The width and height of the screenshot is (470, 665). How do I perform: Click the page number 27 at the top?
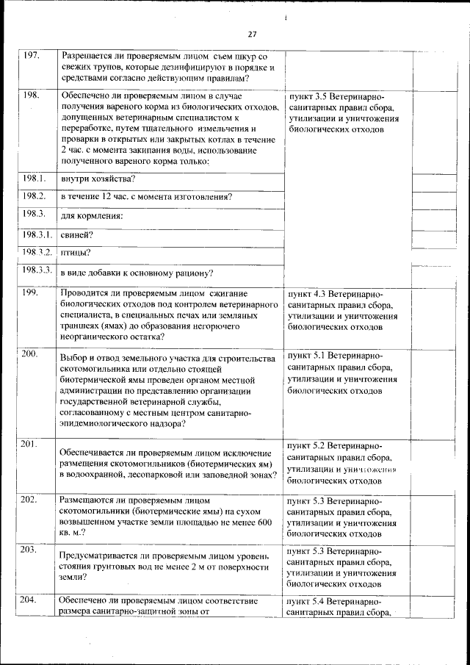[x=252, y=34]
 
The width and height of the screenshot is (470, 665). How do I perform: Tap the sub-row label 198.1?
[x=34, y=178]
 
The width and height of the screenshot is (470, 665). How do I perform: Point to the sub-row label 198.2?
[x=34, y=195]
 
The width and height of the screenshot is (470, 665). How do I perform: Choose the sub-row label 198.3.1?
[x=36, y=234]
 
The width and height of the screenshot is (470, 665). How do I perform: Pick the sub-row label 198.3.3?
[x=36, y=270]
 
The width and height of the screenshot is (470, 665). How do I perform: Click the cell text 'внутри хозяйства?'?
[x=97, y=179]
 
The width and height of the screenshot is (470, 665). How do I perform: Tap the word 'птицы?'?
[x=76, y=253]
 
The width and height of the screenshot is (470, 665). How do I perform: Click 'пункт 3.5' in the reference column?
[x=307, y=98]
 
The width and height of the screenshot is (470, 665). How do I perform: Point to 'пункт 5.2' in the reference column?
[x=307, y=446]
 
